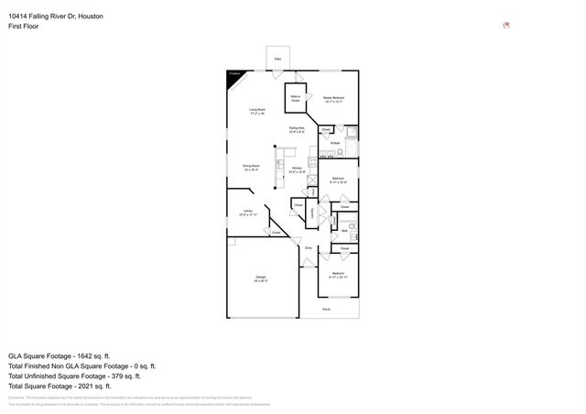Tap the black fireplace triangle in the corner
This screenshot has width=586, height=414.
(x=233, y=76)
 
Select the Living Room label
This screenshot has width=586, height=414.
(x=257, y=111)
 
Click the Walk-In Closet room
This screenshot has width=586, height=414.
(x=297, y=95)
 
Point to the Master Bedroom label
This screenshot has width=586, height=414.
(x=333, y=98)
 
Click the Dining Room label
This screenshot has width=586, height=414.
(x=251, y=168)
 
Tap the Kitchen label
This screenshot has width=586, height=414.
(x=297, y=169)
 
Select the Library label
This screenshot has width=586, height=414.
(x=247, y=212)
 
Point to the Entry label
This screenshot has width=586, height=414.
(x=309, y=248)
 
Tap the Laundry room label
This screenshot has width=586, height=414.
(x=312, y=212)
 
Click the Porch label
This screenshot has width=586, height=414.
(x=328, y=309)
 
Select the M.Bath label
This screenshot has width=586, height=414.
(x=335, y=143)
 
